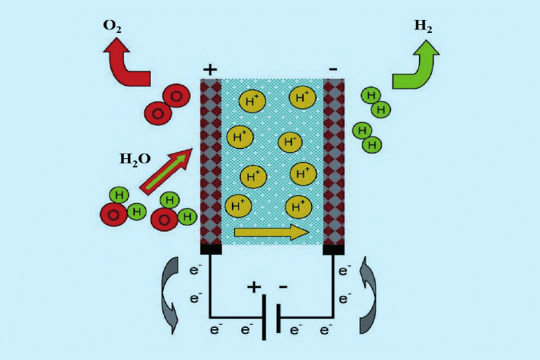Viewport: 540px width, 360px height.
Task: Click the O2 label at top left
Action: pyautogui.click(x=112, y=26)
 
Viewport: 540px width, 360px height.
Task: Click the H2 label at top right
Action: pyautogui.click(x=423, y=26)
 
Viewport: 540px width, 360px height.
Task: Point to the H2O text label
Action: pyautogui.click(x=135, y=159)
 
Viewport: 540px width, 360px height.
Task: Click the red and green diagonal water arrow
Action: pyautogui.click(x=166, y=171)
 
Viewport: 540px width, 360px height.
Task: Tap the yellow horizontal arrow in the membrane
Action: pyautogui.click(x=271, y=232)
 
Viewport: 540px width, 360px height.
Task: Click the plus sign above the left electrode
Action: pyautogui.click(x=210, y=70)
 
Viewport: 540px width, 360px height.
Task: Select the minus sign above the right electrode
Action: pyautogui.click(x=333, y=69)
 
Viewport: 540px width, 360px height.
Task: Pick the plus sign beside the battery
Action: pyautogui.click(x=254, y=287)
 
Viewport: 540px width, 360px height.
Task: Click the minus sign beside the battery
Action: pyautogui.click(x=283, y=286)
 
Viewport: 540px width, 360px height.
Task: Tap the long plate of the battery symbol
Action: pyautogui.click(x=264, y=317)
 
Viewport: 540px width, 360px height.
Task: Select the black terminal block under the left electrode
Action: pyautogui.click(x=211, y=249)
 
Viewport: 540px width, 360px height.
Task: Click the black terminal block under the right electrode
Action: pyautogui.click(x=334, y=250)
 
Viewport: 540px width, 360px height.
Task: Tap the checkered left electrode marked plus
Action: pyautogui.click(x=211, y=161)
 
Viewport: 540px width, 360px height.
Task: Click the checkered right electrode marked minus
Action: pyautogui.click(x=334, y=161)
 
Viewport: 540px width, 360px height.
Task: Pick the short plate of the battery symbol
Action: pyautogui.click(x=278, y=318)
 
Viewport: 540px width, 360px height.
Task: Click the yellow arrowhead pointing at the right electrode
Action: pyautogui.click(x=301, y=232)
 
